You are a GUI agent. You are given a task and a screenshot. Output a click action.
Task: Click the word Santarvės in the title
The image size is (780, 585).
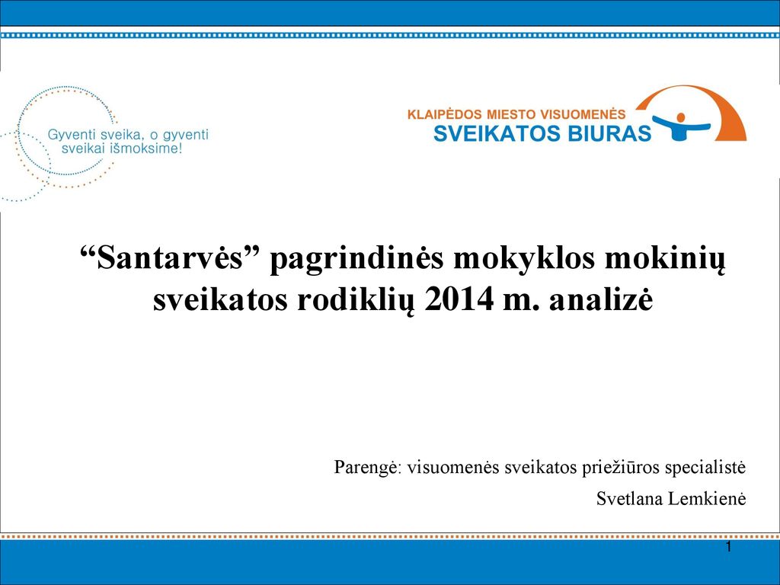point(169,259)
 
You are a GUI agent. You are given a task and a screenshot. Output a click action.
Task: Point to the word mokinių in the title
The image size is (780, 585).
point(664,260)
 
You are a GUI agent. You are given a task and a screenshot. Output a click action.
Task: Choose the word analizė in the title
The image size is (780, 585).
point(601,300)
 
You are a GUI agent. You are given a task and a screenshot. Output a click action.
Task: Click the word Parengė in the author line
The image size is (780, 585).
point(366,468)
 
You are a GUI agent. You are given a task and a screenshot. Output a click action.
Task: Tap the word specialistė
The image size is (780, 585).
point(705,468)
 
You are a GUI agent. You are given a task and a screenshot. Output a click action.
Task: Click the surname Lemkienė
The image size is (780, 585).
point(707,498)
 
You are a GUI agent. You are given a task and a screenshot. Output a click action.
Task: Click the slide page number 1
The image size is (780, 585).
point(729,548)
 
